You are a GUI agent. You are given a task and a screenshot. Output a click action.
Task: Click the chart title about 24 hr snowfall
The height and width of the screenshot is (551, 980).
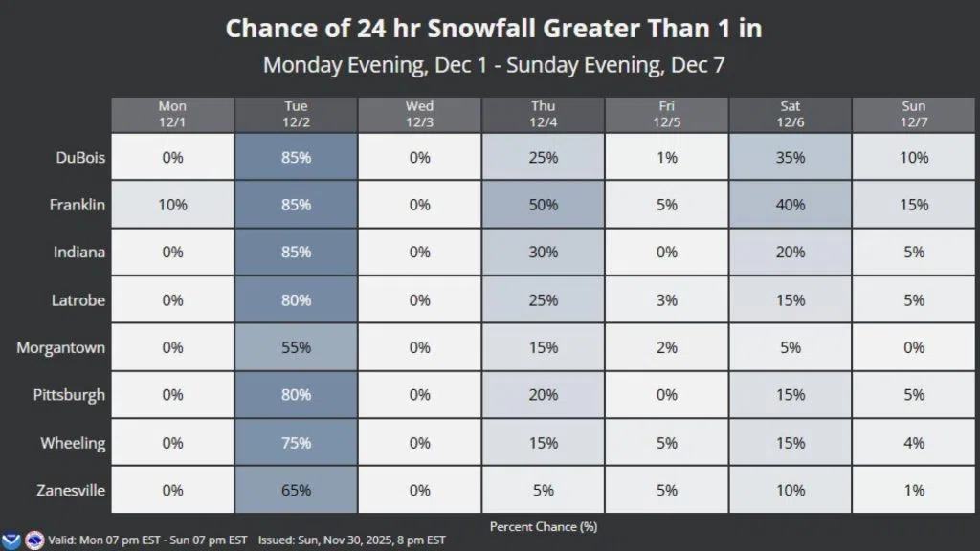click(x=493, y=29)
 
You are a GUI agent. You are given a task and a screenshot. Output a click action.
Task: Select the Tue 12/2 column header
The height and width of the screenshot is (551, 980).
click(x=296, y=114)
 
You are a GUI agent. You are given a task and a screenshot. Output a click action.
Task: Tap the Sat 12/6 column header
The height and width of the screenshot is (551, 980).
click(x=790, y=114)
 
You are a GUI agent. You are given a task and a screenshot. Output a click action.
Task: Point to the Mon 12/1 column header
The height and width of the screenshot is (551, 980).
click(x=172, y=114)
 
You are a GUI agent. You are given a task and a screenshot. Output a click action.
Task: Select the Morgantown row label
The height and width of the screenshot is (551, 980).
click(x=60, y=347)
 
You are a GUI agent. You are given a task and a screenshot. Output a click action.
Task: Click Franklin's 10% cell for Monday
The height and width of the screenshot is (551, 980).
click(x=172, y=205)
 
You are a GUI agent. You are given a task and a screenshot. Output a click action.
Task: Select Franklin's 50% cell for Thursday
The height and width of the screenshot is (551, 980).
click(x=543, y=205)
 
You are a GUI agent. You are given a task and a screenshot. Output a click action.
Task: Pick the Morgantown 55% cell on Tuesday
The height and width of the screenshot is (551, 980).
click(x=296, y=347)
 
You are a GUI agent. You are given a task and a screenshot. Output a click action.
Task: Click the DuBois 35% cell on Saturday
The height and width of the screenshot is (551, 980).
click(x=790, y=157)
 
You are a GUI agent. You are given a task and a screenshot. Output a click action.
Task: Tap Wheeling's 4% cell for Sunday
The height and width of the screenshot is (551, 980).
click(x=914, y=443)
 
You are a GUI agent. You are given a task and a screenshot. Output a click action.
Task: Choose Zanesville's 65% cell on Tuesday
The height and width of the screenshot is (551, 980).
click(x=296, y=491)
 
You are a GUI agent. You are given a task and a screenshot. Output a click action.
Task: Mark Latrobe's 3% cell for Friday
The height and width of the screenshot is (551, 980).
click(x=667, y=300)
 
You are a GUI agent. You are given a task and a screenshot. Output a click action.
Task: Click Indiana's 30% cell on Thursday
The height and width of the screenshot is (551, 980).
click(x=543, y=253)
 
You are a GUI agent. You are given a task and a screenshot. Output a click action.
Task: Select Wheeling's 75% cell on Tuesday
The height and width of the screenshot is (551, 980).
click(x=296, y=443)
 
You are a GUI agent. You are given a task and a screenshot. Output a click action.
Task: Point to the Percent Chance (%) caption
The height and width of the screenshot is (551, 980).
click(x=543, y=526)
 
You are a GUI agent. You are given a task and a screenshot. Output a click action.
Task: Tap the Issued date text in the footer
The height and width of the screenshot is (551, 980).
click(x=352, y=540)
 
